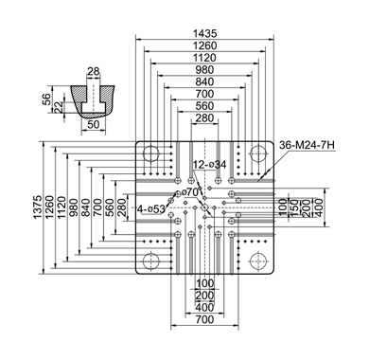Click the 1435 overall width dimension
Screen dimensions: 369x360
tap(205, 33)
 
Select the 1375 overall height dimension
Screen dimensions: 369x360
tap(38, 207)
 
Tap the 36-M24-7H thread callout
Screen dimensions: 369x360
tap(307, 145)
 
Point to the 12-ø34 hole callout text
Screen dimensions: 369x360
tap(210, 165)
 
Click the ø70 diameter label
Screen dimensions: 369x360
tap(190, 191)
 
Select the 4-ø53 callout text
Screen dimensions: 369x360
tap(151, 208)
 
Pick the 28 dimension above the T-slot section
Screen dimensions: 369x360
tap(94, 72)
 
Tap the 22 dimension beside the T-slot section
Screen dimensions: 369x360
tap(58, 109)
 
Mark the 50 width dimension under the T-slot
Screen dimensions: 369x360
tap(94, 125)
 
